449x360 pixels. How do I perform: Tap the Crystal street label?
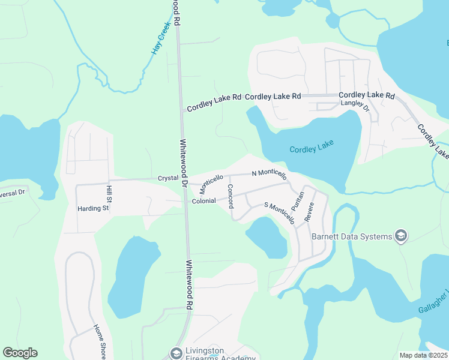tap(168, 178)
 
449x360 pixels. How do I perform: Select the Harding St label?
tap(92, 209)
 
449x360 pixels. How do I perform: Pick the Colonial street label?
tap(203, 201)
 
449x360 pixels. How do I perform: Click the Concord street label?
tap(230, 196)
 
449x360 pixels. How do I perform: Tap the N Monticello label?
tap(269, 173)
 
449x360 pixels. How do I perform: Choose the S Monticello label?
tap(280, 213)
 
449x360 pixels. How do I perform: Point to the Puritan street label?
tap(297, 198)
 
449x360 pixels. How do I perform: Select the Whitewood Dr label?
tap(184, 163)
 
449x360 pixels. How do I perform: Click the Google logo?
tap(20, 353)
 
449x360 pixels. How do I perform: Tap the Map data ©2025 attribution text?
tap(423, 355)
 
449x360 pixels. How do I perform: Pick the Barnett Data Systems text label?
tap(351, 236)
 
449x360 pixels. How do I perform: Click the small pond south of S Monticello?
tap(267, 236)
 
